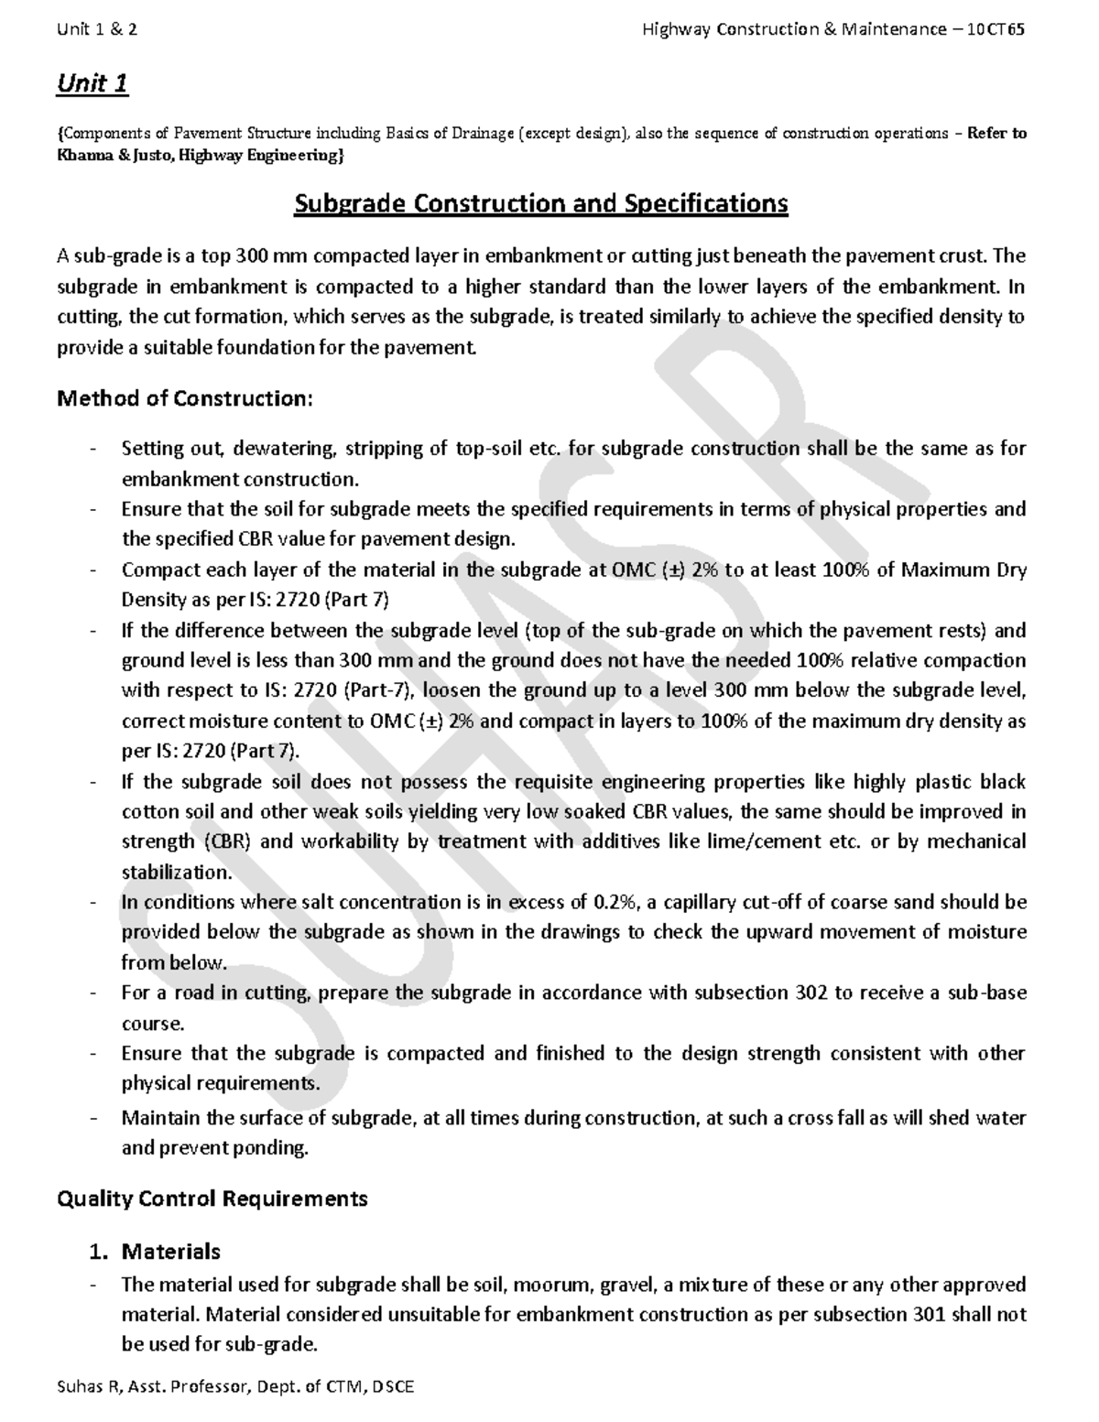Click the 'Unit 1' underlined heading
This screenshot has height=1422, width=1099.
click(x=92, y=84)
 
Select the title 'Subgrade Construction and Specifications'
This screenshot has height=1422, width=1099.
click(x=540, y=203)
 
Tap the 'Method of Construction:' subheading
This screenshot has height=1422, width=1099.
click(x=185, y=399)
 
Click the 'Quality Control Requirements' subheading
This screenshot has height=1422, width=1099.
click(x=212, y=1199)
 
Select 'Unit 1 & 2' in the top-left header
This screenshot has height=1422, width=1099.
click(x=97, y=30)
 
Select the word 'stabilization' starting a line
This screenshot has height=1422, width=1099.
click(x=175, y=872)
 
